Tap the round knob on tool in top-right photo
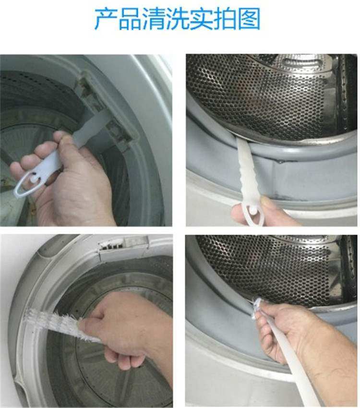253,210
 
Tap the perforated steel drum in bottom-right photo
269,264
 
